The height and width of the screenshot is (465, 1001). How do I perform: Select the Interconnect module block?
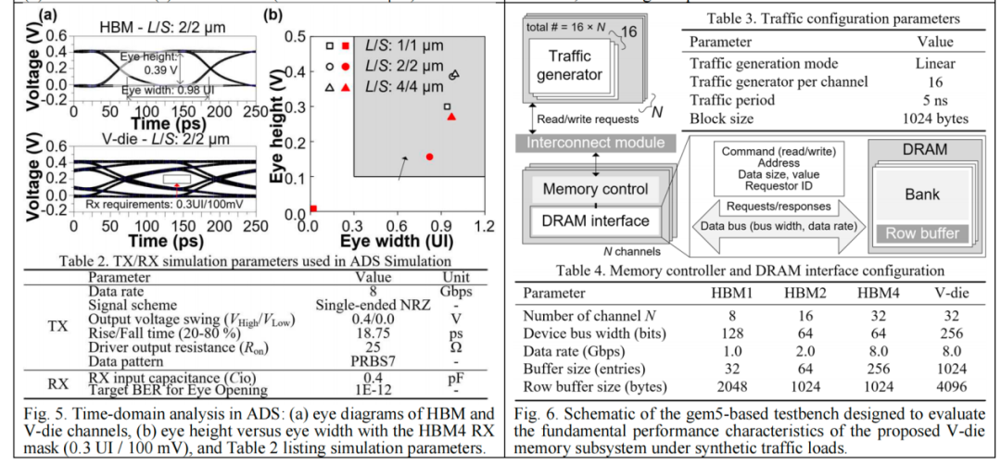(x=596, y=142)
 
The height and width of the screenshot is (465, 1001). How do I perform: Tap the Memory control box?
(x=595, y=190)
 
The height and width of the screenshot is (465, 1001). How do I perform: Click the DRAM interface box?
(x=595, y=220)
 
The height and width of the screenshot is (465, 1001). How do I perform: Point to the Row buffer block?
(x=922, y=233)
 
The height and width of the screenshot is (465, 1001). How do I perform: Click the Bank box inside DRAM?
(x=922, y=194)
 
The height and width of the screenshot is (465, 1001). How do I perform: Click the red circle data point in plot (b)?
(x=430, y=157)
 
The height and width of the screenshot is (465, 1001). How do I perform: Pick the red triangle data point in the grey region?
(x=451, y=117)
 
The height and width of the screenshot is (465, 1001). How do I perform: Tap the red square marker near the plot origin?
(x=313, y=208)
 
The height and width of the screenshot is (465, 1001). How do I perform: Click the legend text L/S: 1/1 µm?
(x=403, y=46)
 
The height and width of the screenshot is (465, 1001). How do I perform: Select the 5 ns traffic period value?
(x=935, y=100)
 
